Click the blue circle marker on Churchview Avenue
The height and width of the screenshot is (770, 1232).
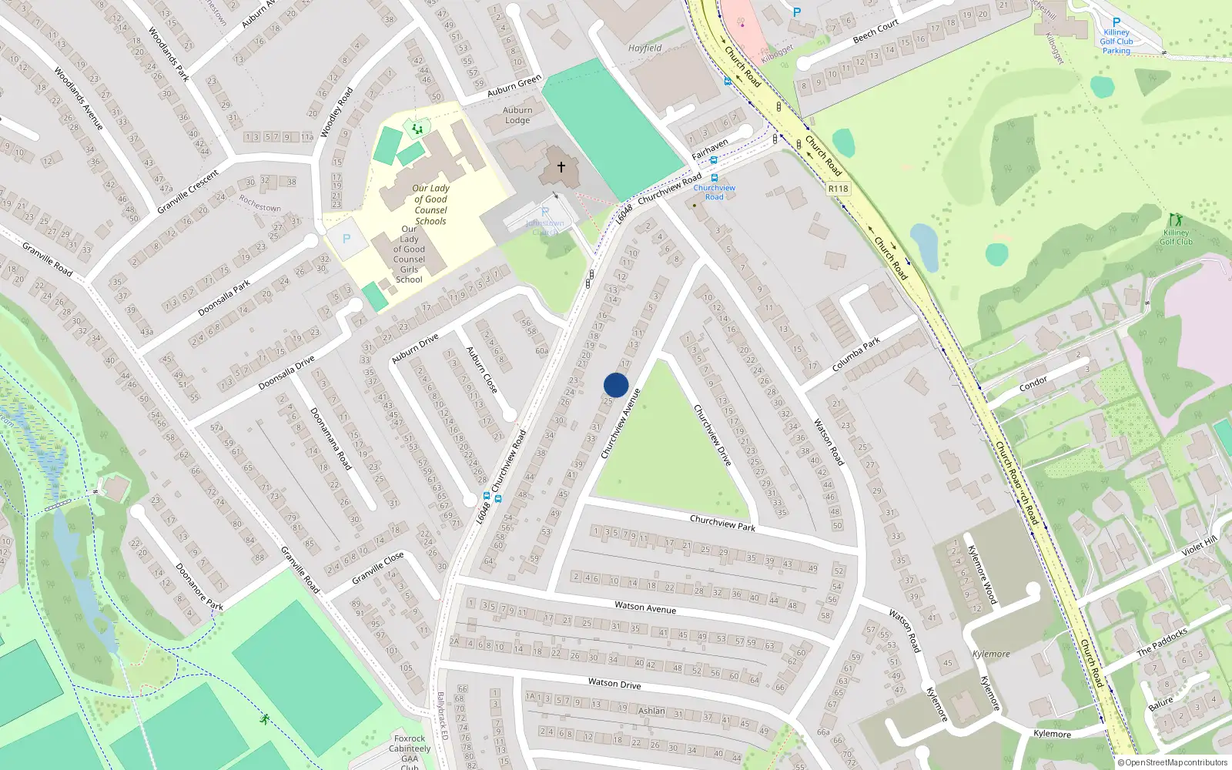coord(616,385)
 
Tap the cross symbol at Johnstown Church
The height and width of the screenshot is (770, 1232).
coord(561,167)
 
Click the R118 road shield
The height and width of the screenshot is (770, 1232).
coord(838,189)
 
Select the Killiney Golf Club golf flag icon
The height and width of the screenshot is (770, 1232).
coord(1175,220)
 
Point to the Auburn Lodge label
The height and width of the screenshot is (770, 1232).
coord(517,115)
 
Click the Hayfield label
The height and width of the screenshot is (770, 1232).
coord(644,48)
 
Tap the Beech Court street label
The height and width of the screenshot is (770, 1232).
coord(875,31)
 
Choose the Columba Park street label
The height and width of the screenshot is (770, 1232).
coord(856,354)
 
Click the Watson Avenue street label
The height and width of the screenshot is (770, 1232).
coord(645,608)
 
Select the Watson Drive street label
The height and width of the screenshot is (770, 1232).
coord(614,683)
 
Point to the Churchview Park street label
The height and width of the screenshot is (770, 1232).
coord(722,523)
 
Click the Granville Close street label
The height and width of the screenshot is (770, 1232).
coord(377,567)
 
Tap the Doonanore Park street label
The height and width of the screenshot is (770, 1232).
coord(199,588)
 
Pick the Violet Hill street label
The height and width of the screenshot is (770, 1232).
coord(1199,545)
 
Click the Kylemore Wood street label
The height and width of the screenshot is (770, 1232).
coord(982,574)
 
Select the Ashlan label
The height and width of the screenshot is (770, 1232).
coord(651,711)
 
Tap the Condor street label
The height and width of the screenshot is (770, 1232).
coord(1033,382)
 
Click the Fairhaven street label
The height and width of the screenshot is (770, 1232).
coord(709,149)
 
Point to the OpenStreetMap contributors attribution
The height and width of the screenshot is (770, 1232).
coord(1172,762)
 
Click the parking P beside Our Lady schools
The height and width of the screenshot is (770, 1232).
coord(346,239)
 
